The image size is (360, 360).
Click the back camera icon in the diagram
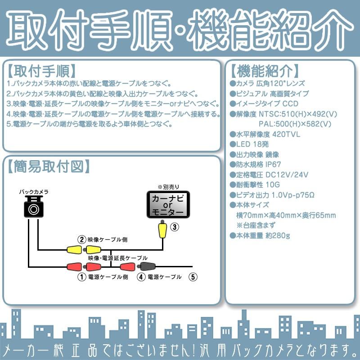(34, 207)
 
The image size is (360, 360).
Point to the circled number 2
(81, 239)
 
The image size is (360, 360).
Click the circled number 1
(81, 277)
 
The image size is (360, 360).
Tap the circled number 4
(141, 277)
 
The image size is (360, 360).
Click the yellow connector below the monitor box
(162, 231)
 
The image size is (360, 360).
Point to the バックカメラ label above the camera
(34, 192)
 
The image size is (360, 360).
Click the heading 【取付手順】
(41, 72)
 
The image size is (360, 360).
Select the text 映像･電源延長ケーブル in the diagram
(118, 258)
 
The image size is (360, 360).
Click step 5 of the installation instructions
(90, 124)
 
